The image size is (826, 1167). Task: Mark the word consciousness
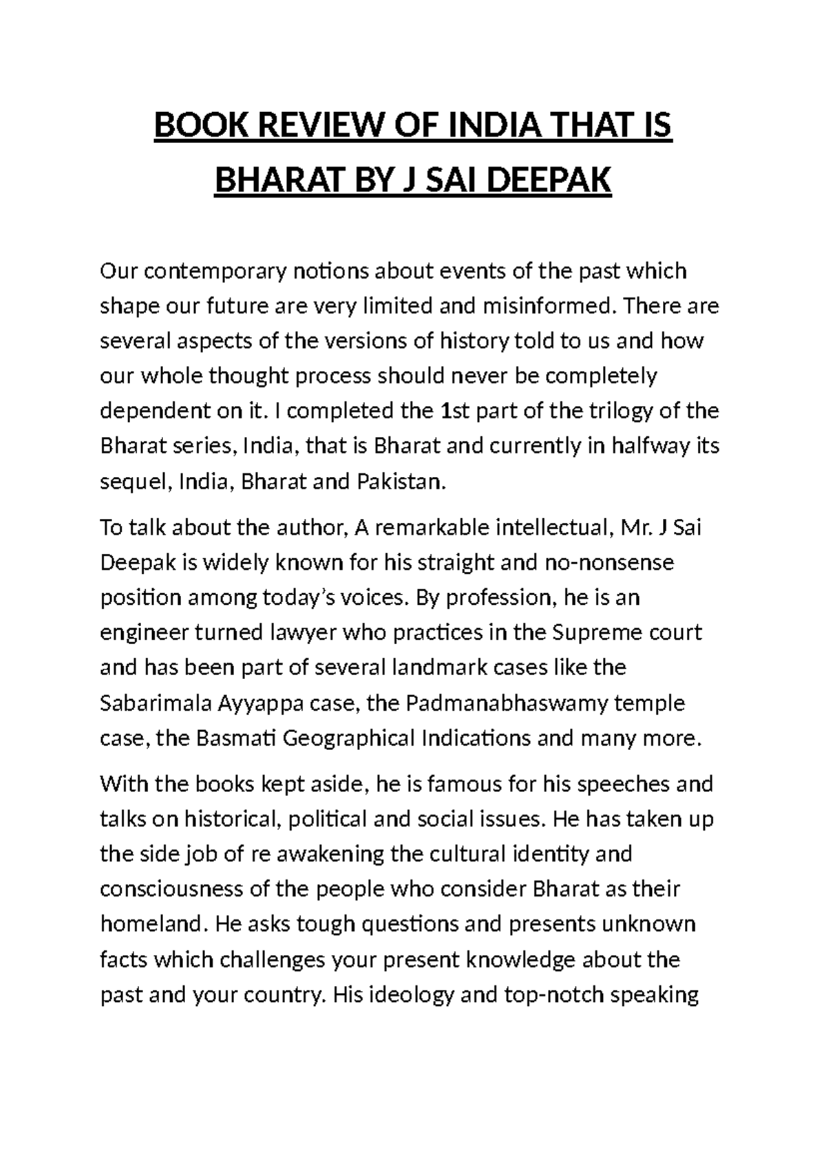(x=171, y=889)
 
